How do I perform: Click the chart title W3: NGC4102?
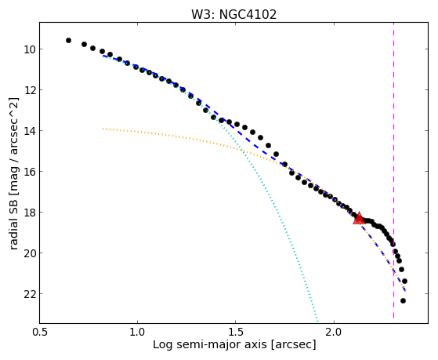pos(233,15)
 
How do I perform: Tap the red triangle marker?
pos(359,218)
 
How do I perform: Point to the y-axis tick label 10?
pos(29,49)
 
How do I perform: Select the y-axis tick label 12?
pos(29,90)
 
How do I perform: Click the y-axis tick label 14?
pos(29,131)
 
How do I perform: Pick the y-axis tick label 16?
pos(29,172)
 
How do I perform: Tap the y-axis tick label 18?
pos(29,213)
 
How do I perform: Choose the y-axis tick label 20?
pos(29,253)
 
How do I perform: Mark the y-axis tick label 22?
pos(29,294)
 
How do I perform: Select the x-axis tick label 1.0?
pos(137,332)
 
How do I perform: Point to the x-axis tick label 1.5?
pos(236,332)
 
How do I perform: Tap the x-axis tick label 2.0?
pos(335,332)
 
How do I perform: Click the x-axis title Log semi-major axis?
pos(210,345)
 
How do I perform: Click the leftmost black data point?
pos(68,41)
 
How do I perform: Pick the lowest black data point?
pos(403,301)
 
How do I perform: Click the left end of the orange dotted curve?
pos(103,129)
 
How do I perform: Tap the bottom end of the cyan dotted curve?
pos(317,321)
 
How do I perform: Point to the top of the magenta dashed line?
pos(393,23)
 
